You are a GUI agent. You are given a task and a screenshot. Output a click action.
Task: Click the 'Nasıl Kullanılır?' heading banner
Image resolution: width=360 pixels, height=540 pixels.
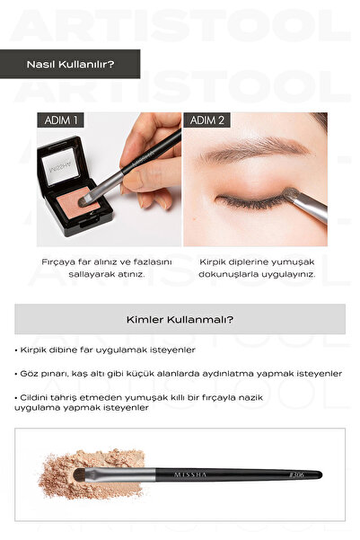pyautogui.click(x=70, y=64)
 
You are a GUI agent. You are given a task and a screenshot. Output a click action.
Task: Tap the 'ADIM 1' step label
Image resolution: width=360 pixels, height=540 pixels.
pyautogui.click(x=60, y=120)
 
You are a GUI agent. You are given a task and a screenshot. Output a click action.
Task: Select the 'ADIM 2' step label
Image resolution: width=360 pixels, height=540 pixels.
pyautogui.click(x=206, y=120)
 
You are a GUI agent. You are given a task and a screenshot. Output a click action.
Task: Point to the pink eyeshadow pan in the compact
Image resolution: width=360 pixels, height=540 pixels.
pyautogui.click(x=78, y=204)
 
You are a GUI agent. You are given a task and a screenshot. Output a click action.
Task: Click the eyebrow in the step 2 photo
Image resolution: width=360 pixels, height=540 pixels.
pyautogui.click(x=255, y=148)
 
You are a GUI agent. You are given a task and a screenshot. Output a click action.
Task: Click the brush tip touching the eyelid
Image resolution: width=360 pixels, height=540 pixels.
pyautogui.click(x=292, y=193)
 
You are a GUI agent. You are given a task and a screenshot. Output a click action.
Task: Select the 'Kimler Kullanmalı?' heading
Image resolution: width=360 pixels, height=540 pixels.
pyautogui.click(x=180, y=319)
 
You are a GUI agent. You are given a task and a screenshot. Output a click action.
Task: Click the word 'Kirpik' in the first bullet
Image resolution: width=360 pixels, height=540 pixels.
pyautogui.click(x=33, y=350)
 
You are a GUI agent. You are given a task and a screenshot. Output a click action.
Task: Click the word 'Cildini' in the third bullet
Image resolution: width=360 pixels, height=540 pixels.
pyautogui.click(x=33, y=397)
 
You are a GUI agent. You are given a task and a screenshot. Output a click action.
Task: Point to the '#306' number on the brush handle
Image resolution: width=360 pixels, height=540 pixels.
pyautogui.click(x=296, y=475)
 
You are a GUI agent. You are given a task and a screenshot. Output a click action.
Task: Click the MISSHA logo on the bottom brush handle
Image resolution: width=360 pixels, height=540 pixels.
pyautogui.click(x=190, y=475)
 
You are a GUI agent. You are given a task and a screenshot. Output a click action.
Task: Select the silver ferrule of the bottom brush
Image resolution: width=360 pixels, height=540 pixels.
pyautogui.click(x=119, y=474)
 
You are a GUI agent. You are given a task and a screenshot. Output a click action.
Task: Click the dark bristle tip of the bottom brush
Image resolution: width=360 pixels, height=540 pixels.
pyautogui.click(x=80, y=474)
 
